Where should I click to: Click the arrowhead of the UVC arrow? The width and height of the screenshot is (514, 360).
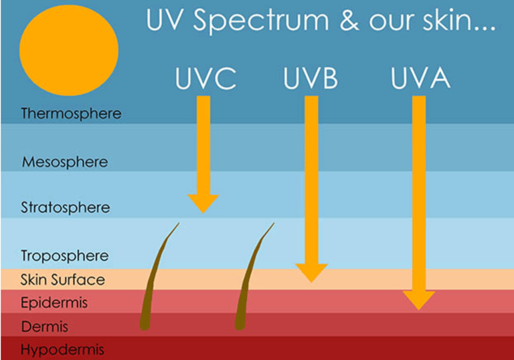coord(203,202)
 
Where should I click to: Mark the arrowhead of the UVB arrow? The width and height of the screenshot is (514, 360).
coord(311,272)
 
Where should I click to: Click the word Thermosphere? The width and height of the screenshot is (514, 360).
coord(71,113)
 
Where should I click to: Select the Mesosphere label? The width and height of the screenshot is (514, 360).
coord(64,162)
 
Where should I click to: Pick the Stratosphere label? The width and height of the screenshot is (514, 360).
coord(65,207)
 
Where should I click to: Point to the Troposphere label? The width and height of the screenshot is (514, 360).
coord(64,256)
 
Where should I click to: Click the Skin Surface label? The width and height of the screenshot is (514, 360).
coord(62,280)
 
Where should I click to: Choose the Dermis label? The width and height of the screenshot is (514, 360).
coord(45,327)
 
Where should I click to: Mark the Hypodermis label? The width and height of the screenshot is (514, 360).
coord(62,349)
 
